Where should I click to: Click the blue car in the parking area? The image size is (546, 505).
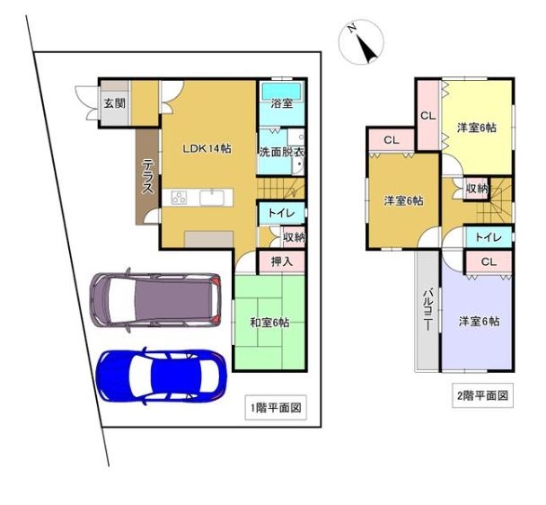162,377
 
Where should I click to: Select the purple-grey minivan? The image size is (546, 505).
155,300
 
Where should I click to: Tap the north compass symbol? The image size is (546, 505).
361,42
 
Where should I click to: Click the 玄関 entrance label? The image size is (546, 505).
115,103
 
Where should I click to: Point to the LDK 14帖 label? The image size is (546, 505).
207,149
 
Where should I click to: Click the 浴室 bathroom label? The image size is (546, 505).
282,103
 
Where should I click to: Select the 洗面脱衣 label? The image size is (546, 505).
282,153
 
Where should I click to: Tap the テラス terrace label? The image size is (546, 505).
148,176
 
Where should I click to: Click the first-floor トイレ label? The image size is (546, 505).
282,213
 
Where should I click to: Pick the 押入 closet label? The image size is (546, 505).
282,261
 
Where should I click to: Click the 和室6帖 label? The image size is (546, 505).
270,323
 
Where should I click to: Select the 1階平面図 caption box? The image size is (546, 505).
276,407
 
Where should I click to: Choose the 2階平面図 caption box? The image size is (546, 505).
482,395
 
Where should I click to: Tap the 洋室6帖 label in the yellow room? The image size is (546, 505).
477,128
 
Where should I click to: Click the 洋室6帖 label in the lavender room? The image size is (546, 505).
480,322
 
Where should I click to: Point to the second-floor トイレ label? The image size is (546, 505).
489,238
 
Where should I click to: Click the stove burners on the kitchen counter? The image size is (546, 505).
179,198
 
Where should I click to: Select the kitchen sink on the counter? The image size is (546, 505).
212,198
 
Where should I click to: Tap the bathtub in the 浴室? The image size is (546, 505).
282,92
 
